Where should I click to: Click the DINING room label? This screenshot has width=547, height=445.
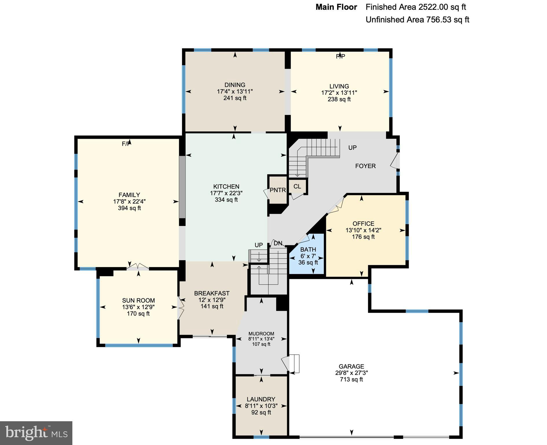click(x=235, y=85)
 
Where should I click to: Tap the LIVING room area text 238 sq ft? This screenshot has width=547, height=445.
click(x=339, y=99)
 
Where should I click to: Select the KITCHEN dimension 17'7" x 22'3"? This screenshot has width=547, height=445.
click(x=226, y=193)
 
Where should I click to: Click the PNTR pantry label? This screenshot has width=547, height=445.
click(x=278, y=190)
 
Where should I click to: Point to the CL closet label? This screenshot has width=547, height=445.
click(x=297, y=187)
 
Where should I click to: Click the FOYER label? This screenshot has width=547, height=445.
click(x=365, y=166)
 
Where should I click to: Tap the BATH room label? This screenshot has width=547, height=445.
click(x=308, y=249)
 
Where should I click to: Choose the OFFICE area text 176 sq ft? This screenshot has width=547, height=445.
click(x=363, y=237)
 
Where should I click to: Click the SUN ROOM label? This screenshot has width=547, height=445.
click(x=138, y=300)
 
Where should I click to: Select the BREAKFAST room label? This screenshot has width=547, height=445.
click(x=212, y=293)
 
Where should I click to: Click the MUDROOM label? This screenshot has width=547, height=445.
click(x=261, y=334)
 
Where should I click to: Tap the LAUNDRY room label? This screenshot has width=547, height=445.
click(x=261, y=399)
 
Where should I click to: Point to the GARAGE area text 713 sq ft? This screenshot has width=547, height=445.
click(x=351, y=380)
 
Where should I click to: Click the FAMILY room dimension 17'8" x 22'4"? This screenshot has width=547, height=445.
click(x=129, y=202)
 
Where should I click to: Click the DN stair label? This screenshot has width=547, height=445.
click(x=278, y=243)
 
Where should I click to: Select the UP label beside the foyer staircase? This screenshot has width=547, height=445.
click(x=352, y=148)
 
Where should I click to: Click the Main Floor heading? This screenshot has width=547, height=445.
click(x=336, y=7)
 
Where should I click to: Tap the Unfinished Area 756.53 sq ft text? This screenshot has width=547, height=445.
click(x=417, y=20)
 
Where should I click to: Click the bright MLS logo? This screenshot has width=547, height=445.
click(x=36, y=433)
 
